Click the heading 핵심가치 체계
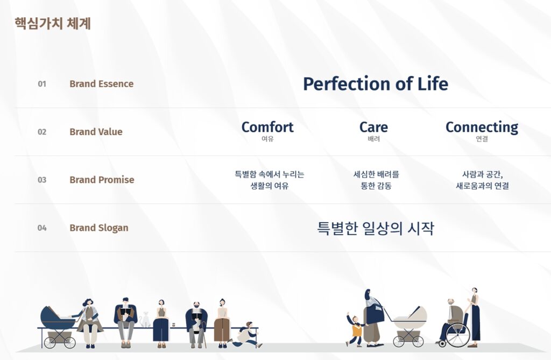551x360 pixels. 53,24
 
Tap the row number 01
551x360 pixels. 42,84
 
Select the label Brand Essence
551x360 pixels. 102,83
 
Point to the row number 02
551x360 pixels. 42,132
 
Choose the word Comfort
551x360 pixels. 267,127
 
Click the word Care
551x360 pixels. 373,127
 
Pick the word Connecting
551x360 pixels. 482,128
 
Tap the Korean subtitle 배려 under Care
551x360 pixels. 373,139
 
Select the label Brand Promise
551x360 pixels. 102,180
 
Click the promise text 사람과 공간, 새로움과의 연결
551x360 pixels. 482,180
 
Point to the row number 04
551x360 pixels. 42,228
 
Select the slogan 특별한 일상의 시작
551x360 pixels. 376,228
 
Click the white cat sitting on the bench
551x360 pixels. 144,320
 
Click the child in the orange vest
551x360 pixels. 356,330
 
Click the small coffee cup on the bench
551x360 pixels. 174,325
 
